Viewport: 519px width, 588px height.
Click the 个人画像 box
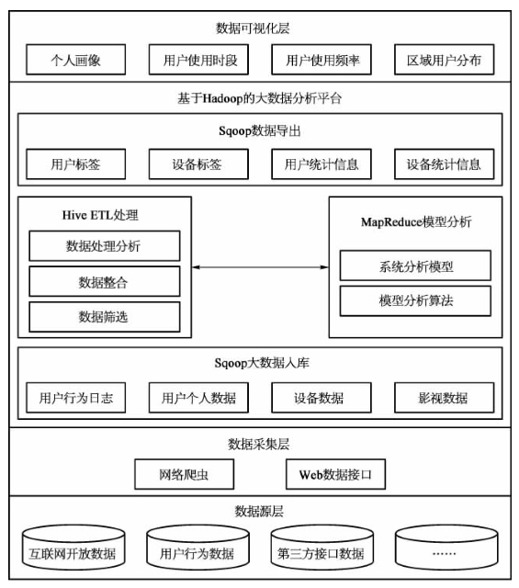[75, 60]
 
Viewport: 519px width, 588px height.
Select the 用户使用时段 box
[198, 60]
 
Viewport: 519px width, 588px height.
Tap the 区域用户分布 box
[445, 60]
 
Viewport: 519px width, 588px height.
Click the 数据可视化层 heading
[253, 28]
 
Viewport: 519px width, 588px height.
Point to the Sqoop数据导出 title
[259, 130]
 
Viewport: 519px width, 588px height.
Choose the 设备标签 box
[198, 164]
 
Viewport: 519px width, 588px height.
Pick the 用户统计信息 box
[322, 164]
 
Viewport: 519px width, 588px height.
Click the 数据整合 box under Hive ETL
[105, 282]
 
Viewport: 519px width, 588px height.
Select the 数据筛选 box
[105, 317]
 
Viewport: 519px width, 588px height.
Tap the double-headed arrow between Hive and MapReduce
[260, 267]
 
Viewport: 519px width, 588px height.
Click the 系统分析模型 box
[415, 266]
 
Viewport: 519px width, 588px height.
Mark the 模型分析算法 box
[415, 300]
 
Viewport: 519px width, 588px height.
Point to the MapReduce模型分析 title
[416, 222]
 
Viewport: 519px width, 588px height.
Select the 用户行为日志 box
[75, 398]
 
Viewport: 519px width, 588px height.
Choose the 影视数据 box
[445, 398]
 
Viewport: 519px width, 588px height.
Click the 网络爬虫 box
[185, 474]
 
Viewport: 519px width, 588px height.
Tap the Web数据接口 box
[335, 474]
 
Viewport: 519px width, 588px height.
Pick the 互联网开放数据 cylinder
[73, 548]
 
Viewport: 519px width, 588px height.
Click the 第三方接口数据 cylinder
[322, 548]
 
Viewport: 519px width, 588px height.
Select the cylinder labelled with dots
[446, 548]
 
